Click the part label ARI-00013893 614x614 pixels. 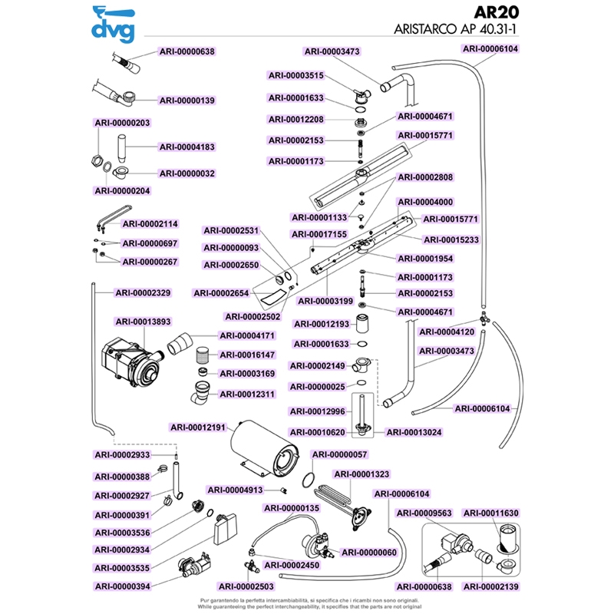pyautogui.click(x=142, y=322)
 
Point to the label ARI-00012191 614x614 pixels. pyautogui.click(x=197, y=427)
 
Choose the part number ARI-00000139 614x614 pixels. pyautogui.click(x=187, y=101)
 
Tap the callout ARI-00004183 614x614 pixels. pyautogui.click(x=187, y=147)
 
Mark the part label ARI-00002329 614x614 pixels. pyautogui.click(x=142, y=292)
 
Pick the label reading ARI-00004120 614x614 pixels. pyautogui.click(x=446, y=332)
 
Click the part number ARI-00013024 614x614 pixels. pyautogui.click(x=414, y=432)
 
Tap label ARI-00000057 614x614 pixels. pyautogui.click(x=340, y=454)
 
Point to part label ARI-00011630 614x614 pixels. pyautogui.click(x=492, y=513)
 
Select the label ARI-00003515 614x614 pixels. pyautogui.click(x=296, y=75)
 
